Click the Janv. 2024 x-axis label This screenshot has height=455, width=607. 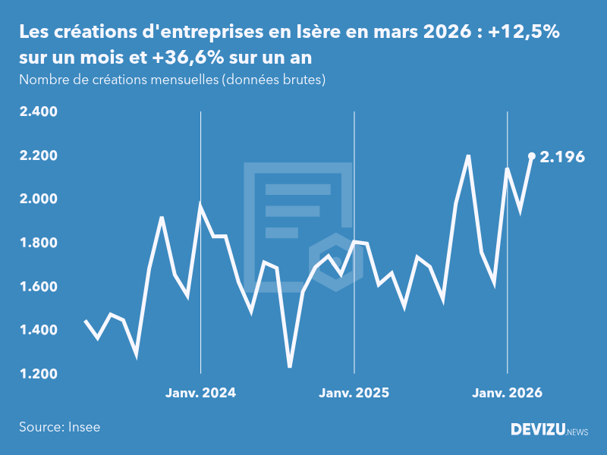click(200, 393)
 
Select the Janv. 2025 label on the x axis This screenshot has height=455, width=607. click(354, 393)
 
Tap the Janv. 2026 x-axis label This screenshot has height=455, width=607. click(508, 393)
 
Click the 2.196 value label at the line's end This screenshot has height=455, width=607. click(562, 157)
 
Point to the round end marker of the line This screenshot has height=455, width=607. click(532, 156)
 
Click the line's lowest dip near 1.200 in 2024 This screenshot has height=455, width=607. click(290, 366)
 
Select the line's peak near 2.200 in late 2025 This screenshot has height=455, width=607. click(468, 156)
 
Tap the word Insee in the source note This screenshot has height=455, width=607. click(84, 427)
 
